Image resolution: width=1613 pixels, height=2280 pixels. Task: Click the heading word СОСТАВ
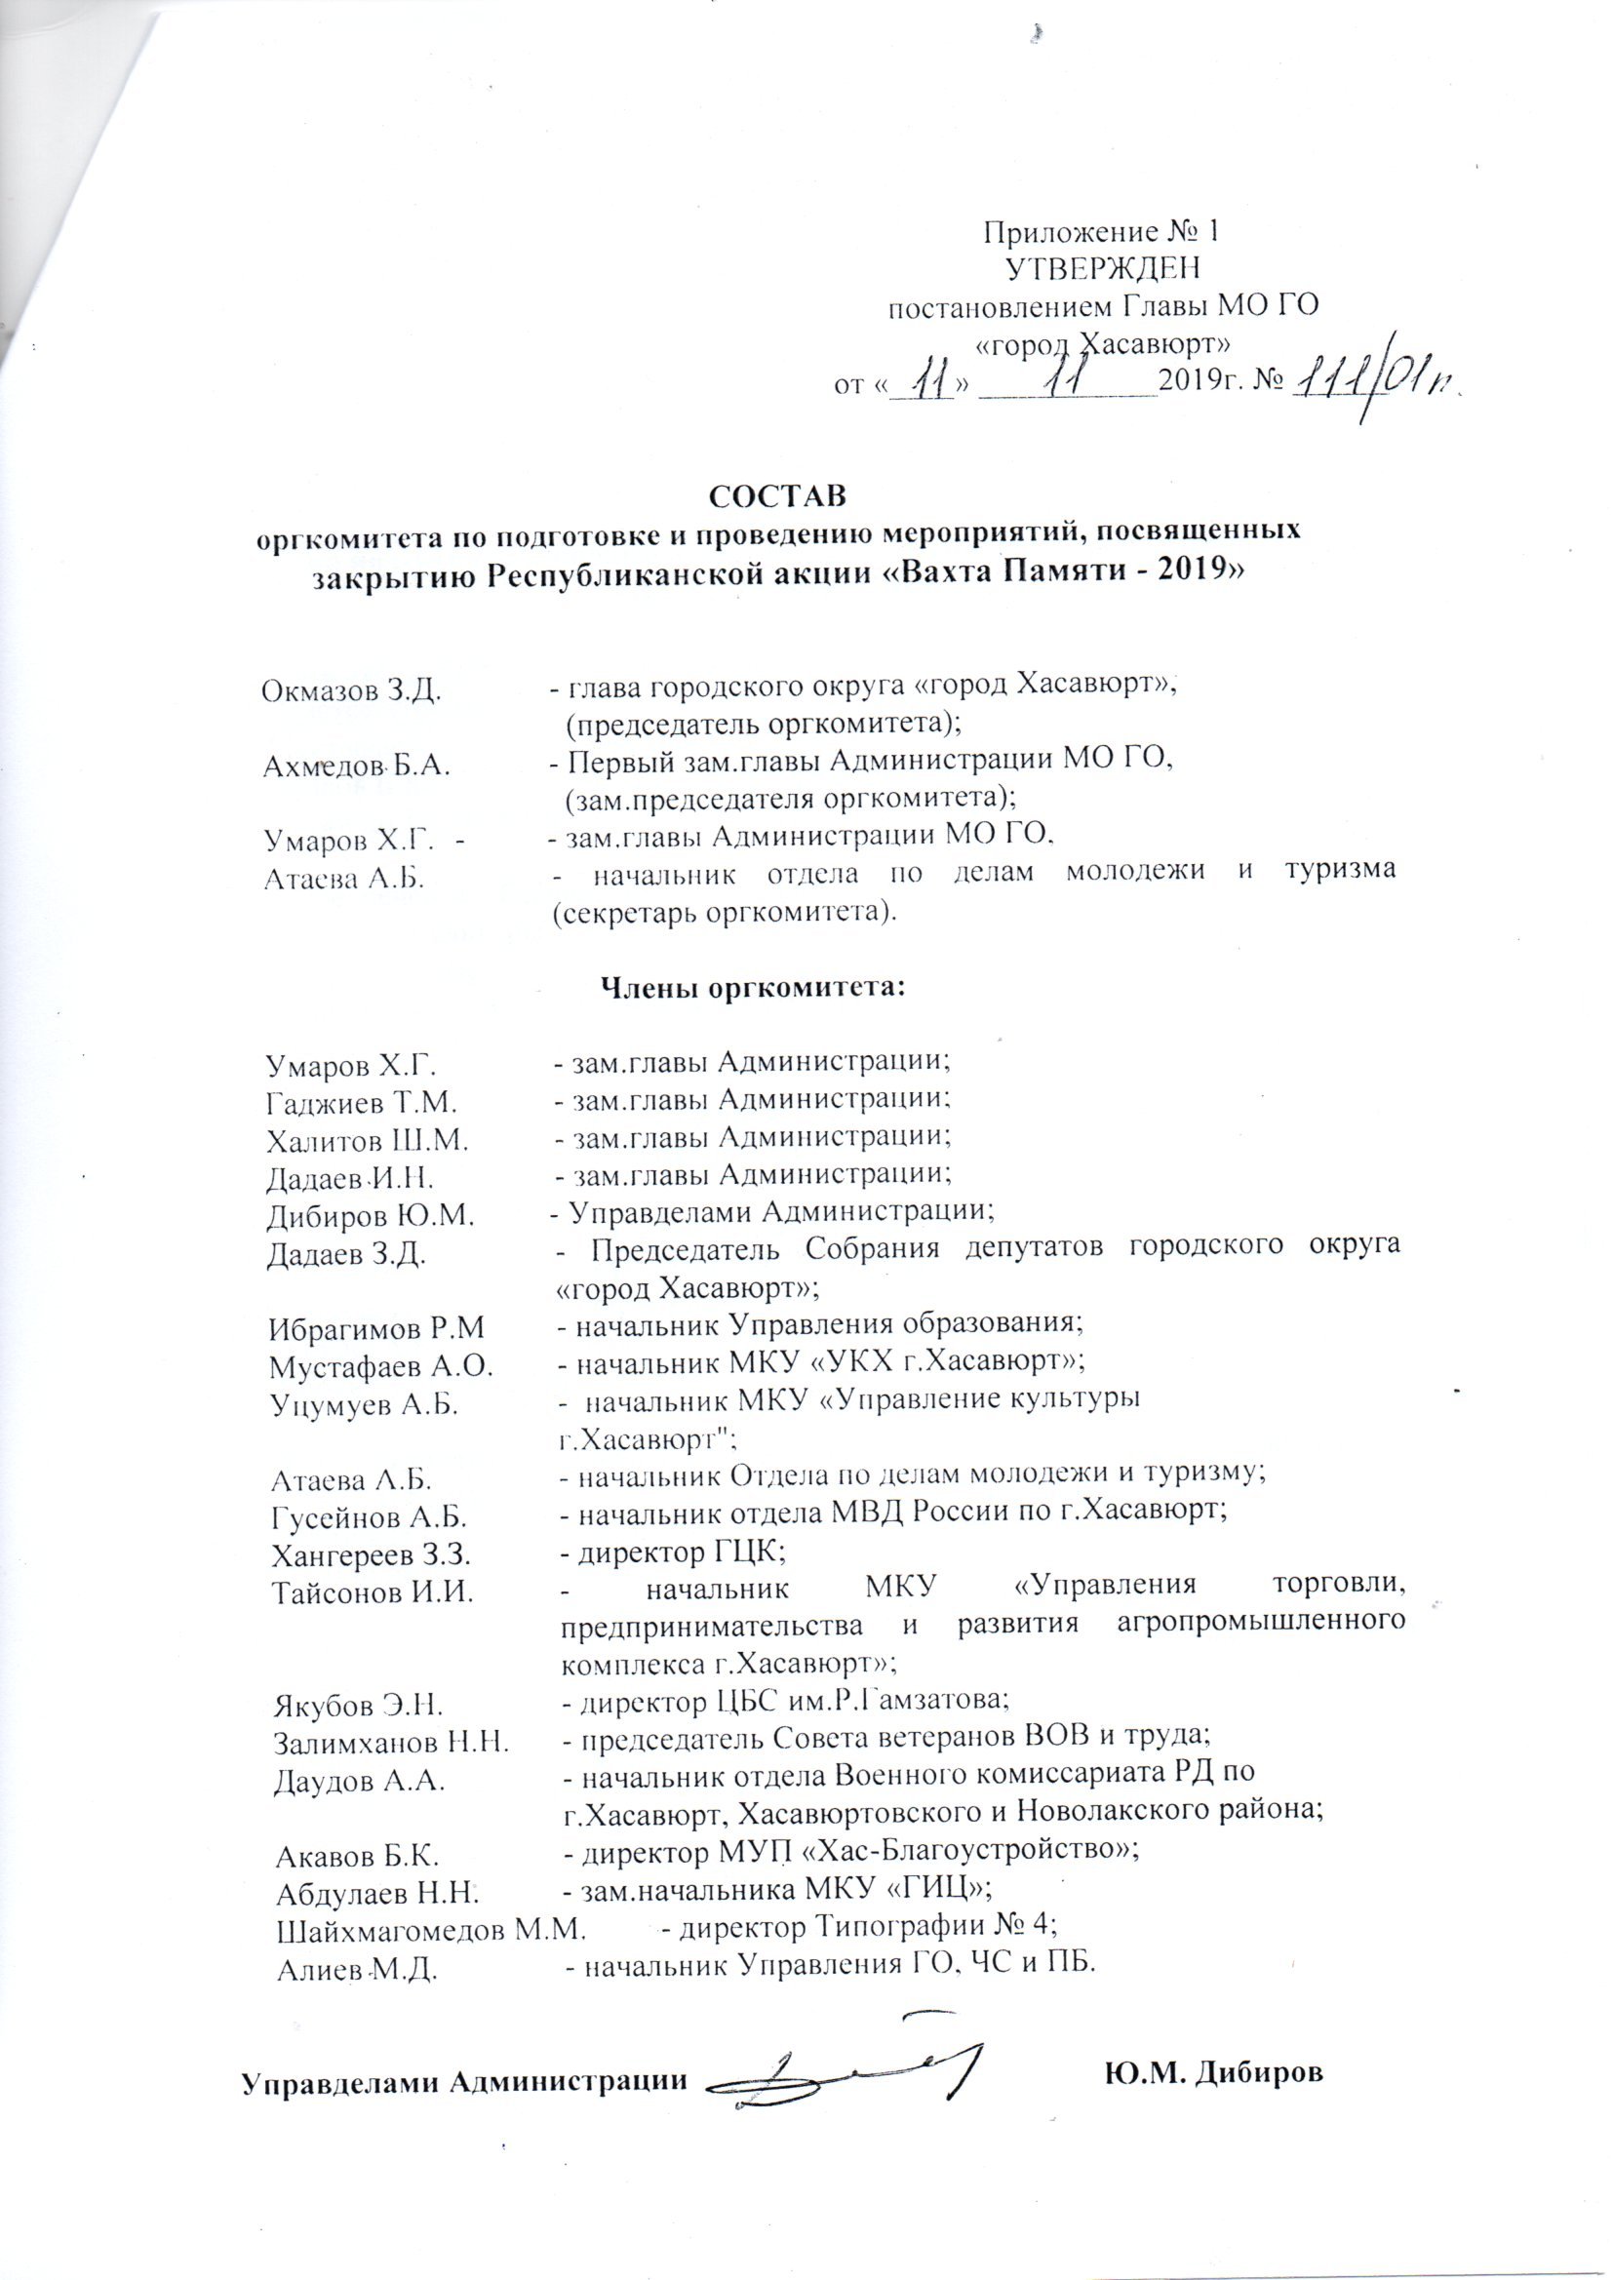(778, 494)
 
